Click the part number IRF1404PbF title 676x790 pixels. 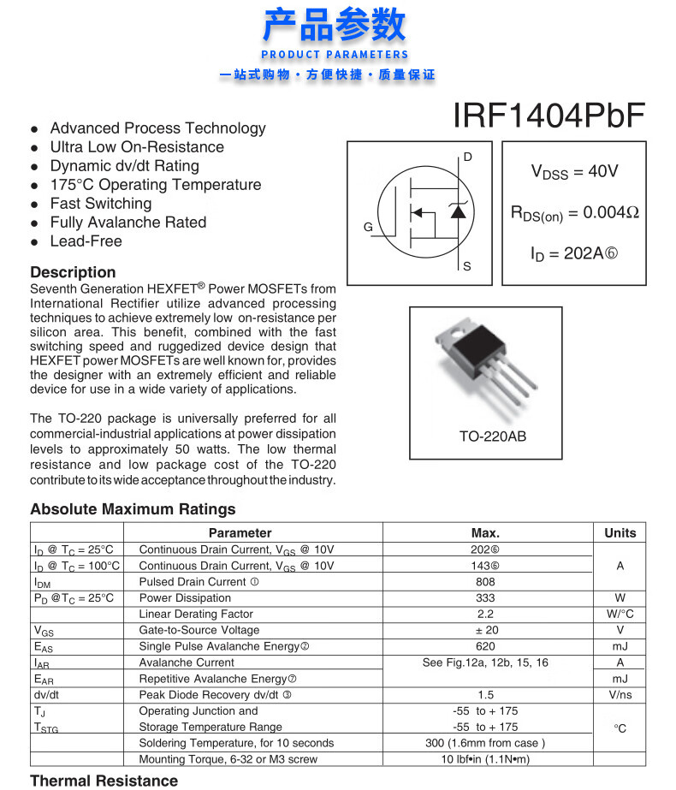coord(549,116)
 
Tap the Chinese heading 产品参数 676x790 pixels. coord(335,25)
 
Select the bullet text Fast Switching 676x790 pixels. coord(100,204)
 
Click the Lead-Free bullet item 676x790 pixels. coord(86,241)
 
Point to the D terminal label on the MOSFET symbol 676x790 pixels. coord(467,157)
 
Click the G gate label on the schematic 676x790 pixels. coord(368,228)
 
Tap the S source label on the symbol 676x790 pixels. coord(467,266)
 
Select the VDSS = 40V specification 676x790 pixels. coord(574,172)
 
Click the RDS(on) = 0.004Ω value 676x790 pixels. coord(574,213)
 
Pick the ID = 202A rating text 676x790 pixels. coord(573,254)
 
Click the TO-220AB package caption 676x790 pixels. coord(492,437)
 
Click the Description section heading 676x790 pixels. coord(73,272)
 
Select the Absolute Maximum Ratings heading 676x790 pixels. coord(133,509)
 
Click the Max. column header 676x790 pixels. coord(485,532)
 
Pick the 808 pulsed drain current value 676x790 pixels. coord(485,582)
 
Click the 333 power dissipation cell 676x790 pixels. coord(485,598)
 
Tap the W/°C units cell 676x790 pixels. coord(620,615)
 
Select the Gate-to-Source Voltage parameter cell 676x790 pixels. coord(199,630)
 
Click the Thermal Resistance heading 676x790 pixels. coord(104,781)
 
